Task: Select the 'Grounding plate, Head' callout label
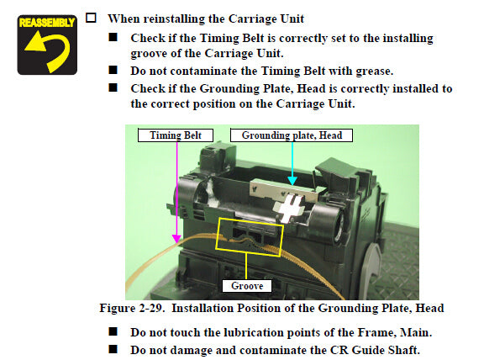tap(292, 135)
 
